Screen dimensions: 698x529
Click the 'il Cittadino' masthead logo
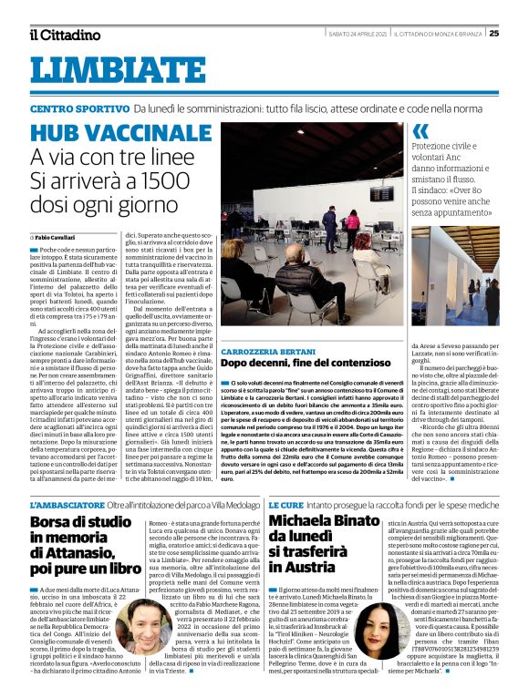pyautogui.click(x=65, y=35)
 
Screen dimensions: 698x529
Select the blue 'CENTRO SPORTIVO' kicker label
pyautogui.click(x=78, y=108)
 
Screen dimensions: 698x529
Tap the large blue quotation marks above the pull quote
pyautogui.click(x=420, y=131)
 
